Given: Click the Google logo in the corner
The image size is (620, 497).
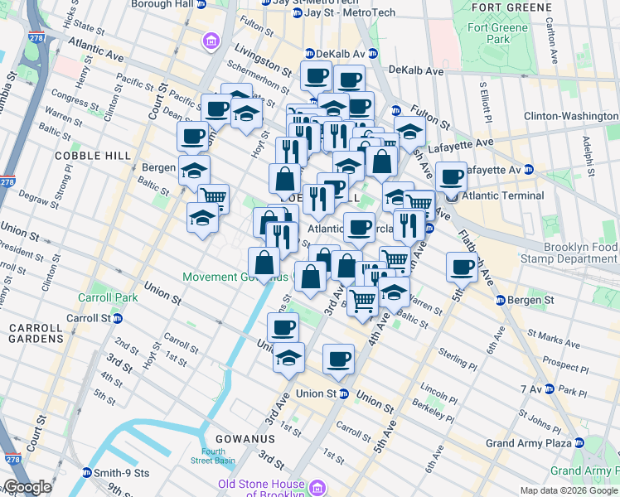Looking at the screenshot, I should (x=27, y=487).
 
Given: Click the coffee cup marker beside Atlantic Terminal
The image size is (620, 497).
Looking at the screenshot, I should (x=451, y=176).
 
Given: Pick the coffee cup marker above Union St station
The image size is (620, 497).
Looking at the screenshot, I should (x=338, y=359).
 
